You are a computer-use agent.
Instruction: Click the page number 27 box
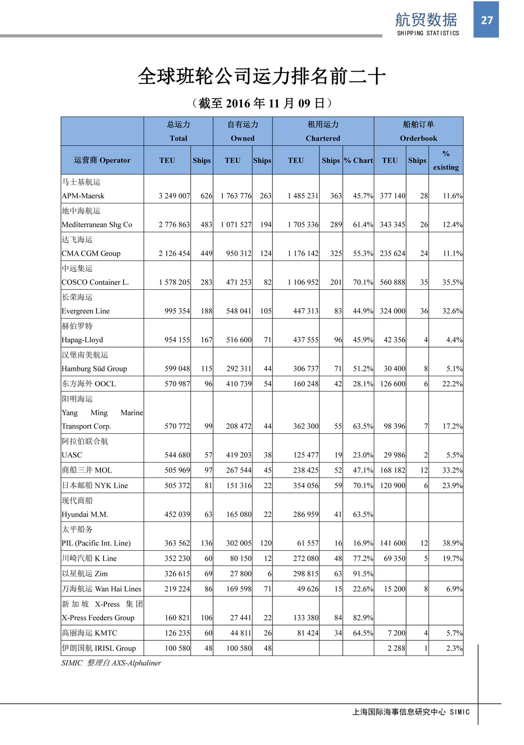tap(486, 20)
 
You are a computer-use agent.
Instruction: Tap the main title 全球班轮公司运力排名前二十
tap(262, 76)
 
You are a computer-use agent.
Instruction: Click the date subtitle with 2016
tap(262, 103)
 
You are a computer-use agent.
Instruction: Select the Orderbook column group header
tap(418, 131)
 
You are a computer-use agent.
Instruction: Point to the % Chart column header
tap(358, 160)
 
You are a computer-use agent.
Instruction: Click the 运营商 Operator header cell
tap(102, 160)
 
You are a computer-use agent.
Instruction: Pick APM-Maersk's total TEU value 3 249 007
tap(174, 196)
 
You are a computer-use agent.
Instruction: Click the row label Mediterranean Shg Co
tap(97, 225)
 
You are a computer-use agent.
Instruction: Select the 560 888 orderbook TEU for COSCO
tap(392, 282)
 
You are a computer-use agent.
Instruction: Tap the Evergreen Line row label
tap(86, 311)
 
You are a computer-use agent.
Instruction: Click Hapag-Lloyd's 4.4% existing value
tap(454, 340)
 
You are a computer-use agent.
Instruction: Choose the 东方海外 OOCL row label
tap(89, 384)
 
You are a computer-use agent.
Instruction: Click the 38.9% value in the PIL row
tap(452, 543)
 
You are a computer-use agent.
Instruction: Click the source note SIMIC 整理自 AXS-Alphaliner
tap(111, 663)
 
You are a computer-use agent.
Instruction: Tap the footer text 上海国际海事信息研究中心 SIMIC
tap(411, 712)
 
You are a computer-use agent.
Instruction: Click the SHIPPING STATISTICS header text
tap(428, 33)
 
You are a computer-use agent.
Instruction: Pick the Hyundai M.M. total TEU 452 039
tap(177, 515)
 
